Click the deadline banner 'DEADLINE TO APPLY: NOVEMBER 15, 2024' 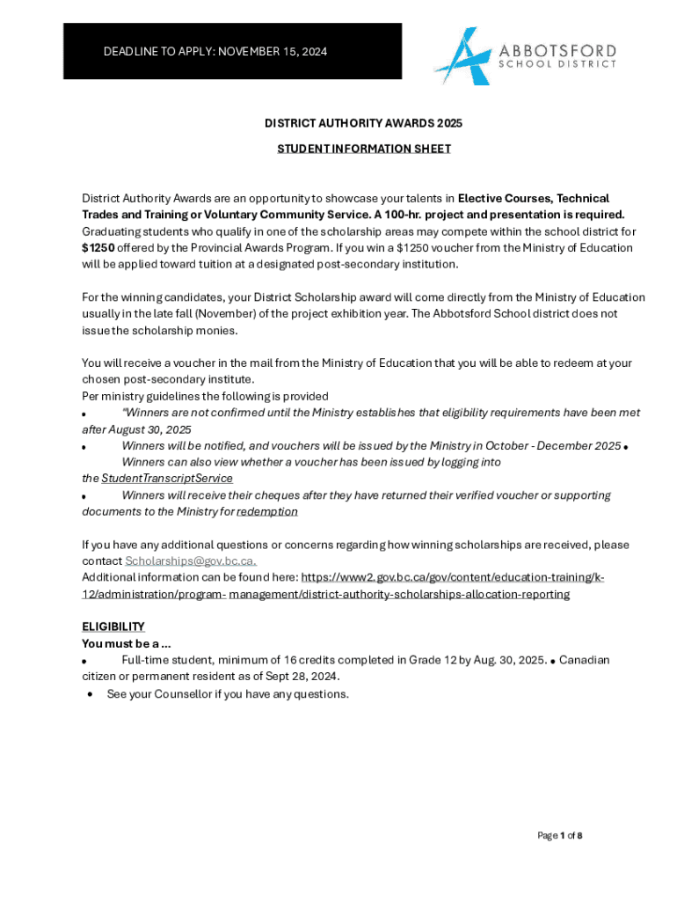pyautogui.click(x=215, y=52)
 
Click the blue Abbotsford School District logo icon pyautogui.click(x=462, y=55)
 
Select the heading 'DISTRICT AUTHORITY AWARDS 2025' pyautogui.click(x=364, y=123)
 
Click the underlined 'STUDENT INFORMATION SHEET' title pyautogui.click(x=364, y=149)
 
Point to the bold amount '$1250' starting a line pyautogui.click(x=98, y=247)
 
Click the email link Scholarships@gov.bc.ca pyautogui.click(x=191, y=560)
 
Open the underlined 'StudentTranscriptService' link pyautogui.click(x=167, y=478)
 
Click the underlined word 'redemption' pyautogui.click(x=267, y=511)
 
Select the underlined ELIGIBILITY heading pyautogui.click(x=113, y=626)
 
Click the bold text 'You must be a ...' pyautogui.click(x=127, y=643)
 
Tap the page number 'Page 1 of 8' pyautogui.click(x=560, y=835)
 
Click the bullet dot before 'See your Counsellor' pyautogui.click(x=91, y=695)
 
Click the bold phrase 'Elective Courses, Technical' pyautogui.click(x=534, y=198)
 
